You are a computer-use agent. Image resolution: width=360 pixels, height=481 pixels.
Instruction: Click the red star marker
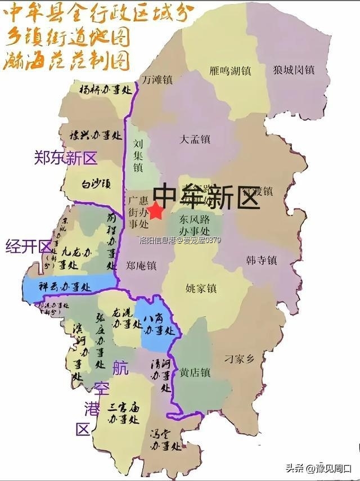(x=156, y=212)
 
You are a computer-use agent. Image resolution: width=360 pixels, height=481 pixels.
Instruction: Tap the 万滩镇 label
(x=156, y=79)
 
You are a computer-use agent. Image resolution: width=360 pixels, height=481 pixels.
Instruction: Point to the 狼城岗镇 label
(x=294, y=70)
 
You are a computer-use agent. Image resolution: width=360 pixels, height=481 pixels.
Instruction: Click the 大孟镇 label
(x=195, y=138)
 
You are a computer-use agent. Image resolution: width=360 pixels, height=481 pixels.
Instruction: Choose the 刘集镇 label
(x=138, y=155)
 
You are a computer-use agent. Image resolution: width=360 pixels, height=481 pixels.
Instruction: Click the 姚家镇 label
(x=201, y=289)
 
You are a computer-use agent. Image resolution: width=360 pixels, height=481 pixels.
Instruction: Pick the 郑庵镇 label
(x=141, y=264)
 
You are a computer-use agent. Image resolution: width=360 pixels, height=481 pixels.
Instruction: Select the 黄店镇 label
(x=195, y=372)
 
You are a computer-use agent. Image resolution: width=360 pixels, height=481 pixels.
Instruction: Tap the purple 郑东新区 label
(x=65, y=158)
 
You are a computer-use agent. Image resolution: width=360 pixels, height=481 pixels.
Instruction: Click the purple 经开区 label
(x=29, y=246)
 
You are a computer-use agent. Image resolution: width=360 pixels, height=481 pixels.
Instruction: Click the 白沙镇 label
(x=96, y=183)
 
